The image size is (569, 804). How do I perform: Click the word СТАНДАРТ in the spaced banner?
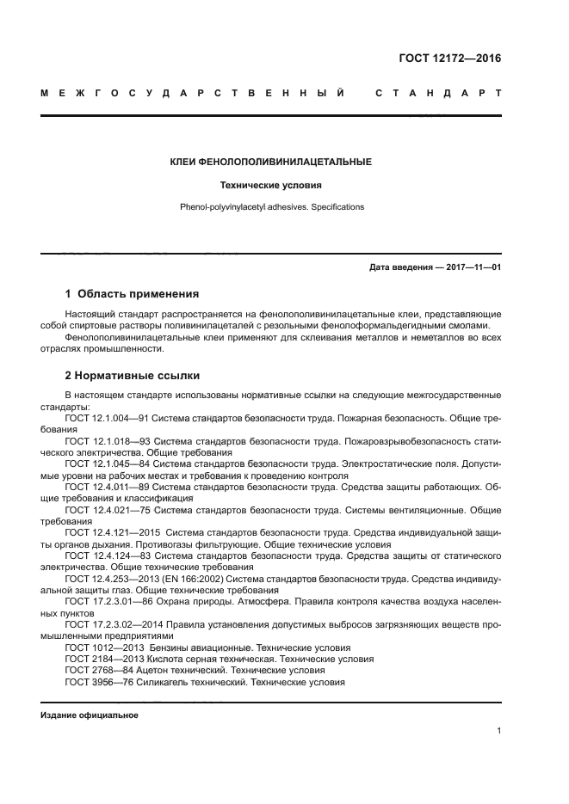437,92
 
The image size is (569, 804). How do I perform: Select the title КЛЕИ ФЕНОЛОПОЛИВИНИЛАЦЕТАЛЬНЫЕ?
271,161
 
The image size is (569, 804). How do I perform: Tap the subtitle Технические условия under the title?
271,184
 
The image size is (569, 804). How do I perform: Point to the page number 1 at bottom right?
498,730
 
